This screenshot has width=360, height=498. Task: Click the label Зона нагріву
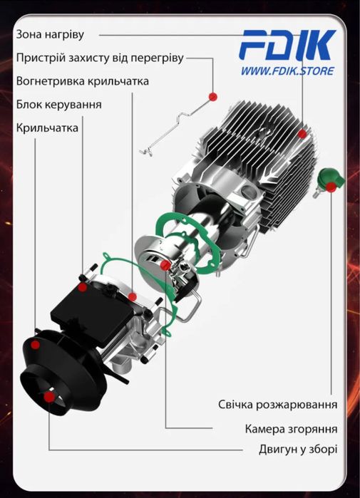[50, 34]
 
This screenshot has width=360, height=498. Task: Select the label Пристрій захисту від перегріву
[100, 58]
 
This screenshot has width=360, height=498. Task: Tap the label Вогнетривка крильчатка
[82, 81]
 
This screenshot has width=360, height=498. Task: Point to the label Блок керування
[58, 105]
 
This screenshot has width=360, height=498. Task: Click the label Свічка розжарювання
[277, 405]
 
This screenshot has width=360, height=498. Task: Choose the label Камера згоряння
[291, 429]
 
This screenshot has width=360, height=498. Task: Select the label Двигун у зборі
[298, 450]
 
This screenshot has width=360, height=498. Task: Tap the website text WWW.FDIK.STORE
[287, 71]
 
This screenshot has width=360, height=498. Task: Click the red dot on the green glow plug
[331, 187]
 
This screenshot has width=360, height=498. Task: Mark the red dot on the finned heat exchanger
[302, 134]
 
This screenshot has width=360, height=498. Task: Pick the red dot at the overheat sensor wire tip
[213, 96]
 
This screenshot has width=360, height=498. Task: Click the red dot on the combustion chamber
[165, 266]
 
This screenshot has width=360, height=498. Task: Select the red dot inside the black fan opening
[49, 397]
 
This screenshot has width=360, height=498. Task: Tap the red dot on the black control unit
[83, 287]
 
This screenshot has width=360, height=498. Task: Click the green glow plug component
[328, 182]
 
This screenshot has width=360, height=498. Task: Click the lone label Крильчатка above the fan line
[47, 128]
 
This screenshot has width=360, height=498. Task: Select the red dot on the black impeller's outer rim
[35, 345]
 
